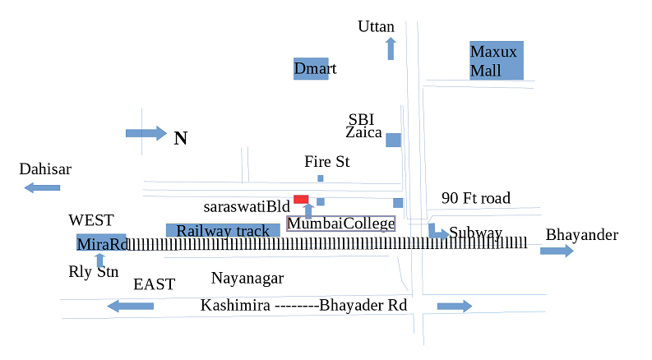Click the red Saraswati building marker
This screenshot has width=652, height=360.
point(301,199)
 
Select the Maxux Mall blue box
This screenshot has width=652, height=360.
point(497,61)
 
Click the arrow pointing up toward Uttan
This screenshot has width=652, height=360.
point(391,48)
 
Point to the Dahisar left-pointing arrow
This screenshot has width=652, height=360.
point(42,187)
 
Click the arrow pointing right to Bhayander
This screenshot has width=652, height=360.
point(557,250)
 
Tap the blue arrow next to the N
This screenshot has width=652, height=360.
point(146,133)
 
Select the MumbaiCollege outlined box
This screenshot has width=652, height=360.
point(340,224)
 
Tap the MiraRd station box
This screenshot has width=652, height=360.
point(102,244)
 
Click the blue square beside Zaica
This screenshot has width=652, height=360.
point(394,140)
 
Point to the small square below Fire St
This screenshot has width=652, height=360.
point(321,178)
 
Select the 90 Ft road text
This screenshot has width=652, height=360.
point(475,198)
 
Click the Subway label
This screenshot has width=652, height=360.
point(475,233)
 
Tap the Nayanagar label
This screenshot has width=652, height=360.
point(247,278)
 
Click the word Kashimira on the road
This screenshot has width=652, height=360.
point(235,306)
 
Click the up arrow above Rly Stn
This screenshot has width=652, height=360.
point(100,261)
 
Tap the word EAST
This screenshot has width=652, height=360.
point(155,284)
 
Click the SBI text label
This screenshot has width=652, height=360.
point(361,118)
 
